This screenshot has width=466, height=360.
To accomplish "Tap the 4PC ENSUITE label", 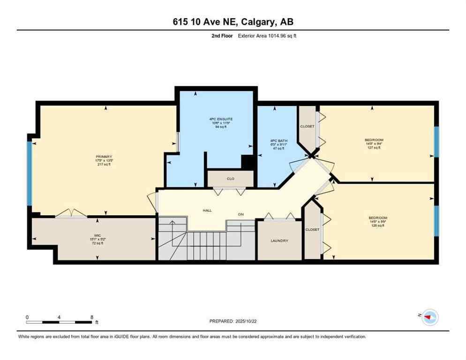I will tap(221, 119).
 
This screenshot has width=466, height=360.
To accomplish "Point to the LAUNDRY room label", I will tap(279, 240).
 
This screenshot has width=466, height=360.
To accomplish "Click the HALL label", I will tap(207, 210).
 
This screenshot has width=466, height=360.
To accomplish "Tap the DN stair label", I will tap(241, 214).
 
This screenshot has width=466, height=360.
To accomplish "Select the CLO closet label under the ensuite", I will tap(231, 179).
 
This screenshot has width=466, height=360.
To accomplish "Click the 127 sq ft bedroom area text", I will tap(374, 148).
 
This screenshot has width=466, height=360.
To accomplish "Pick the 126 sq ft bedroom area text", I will tap(377, 225).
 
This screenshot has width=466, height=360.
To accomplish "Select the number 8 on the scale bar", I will tap(92, 317).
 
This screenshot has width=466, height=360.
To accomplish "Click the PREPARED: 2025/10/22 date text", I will tap(233, 321).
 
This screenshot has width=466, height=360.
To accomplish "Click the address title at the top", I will tap(233, 22).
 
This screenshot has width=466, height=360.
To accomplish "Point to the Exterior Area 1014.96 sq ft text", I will tap(267, 36).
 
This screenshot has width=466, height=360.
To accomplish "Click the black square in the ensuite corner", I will tap(248, 162).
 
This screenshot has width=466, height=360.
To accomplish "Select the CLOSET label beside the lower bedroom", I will tap(312, 229).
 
